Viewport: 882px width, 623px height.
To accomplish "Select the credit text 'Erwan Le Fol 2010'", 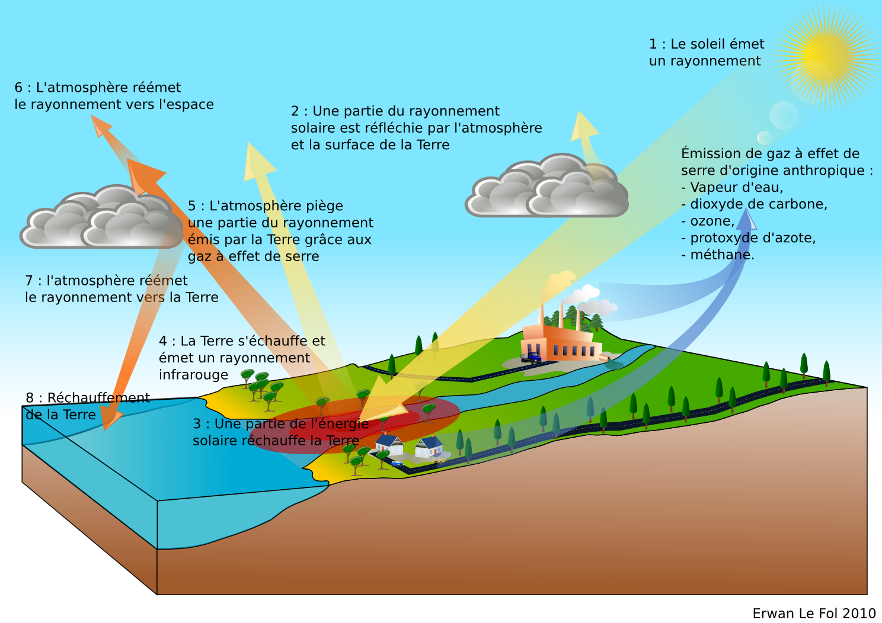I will pyautogui.click(x=814, y=614).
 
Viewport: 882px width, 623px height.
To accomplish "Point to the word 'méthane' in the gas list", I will pyautogui.click(x=721, y=255).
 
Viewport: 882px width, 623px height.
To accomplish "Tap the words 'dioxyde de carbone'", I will pyautogui.click(x=758, y=204).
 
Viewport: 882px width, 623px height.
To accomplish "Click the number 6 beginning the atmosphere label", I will pyautogui.click(x=18, y=88).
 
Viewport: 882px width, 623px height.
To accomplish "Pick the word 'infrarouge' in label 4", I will pyautogui.click(x=193, y=375).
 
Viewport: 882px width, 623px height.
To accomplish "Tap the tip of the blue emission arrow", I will pyautogui.click(x=748, y=214).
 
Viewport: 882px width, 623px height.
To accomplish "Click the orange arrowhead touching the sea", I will pyautogui.click(x=110, y=421).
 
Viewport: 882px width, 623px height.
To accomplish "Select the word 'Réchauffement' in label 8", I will pyautogui.click(x=98, y=398).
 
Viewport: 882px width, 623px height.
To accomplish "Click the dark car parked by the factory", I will pyautogui.click(x=532, y=358).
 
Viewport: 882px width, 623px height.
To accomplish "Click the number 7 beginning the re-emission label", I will pyautogui.click(x=29, y=281).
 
